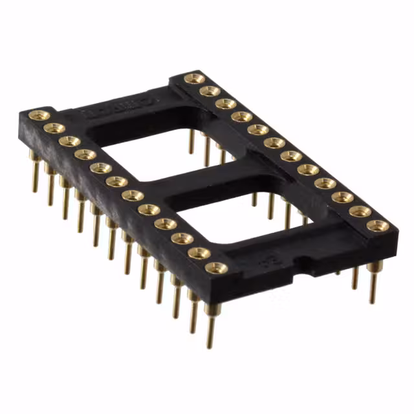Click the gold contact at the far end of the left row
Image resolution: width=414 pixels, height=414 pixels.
pos(39,116)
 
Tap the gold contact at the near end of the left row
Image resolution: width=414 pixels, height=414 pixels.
pos(215,267)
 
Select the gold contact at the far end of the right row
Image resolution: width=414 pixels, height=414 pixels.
pos(193,79)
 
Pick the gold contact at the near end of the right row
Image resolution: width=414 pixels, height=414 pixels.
pos(377,226)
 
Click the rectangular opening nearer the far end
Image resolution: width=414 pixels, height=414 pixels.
pos(149,152)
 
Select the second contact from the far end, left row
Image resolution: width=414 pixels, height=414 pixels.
pos(54,129)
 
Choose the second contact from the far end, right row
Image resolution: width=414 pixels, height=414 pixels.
pos(209,91)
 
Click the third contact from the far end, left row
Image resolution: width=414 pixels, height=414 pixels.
pos(69,141)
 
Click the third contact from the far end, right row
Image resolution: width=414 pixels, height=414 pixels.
pos(225,103)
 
